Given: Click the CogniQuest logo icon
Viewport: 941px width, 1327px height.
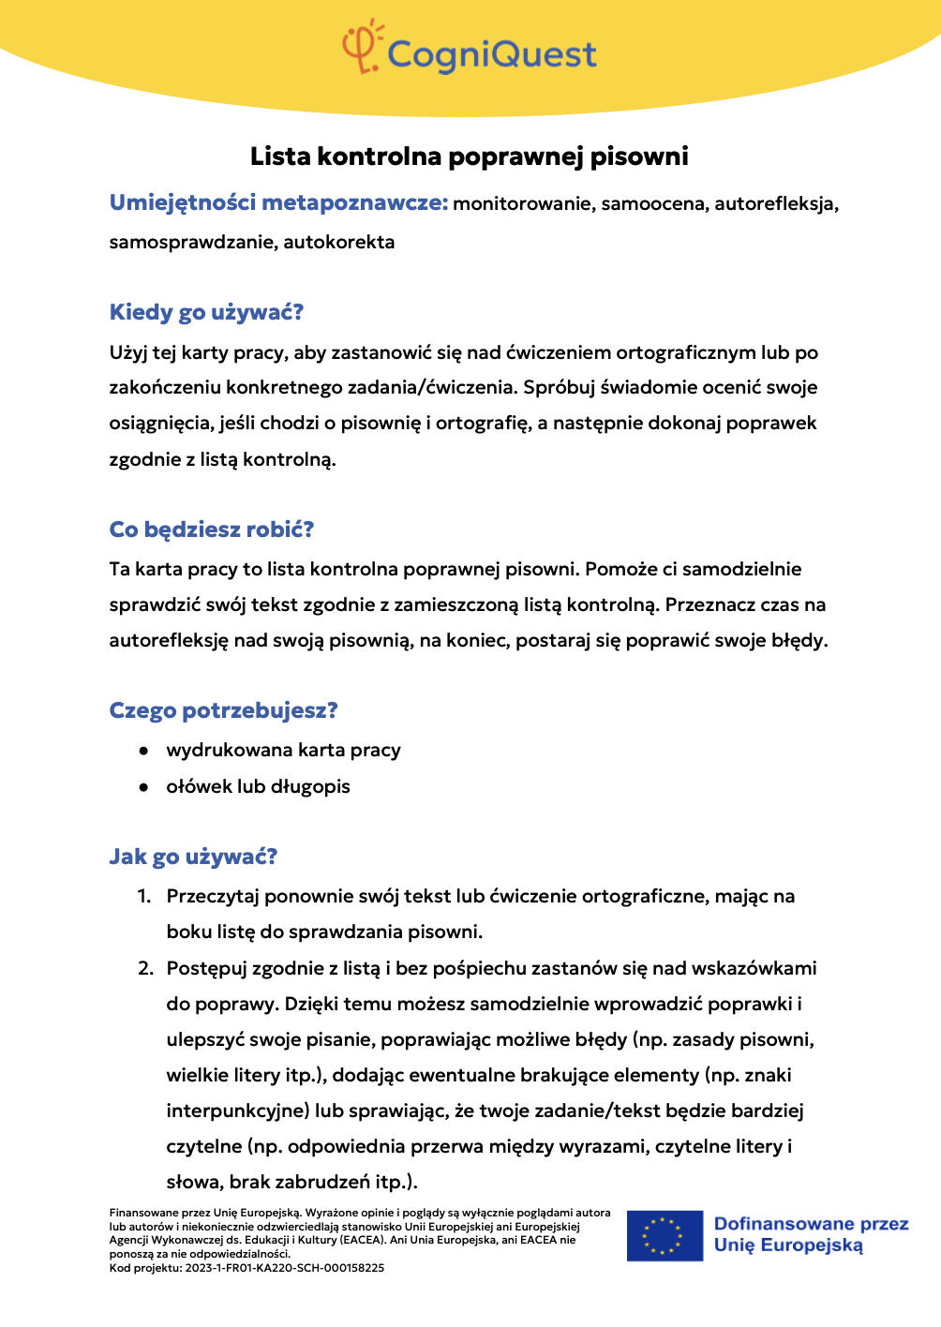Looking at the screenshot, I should point(362,47).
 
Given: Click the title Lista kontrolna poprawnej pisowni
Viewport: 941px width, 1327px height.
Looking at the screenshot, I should point(469,157).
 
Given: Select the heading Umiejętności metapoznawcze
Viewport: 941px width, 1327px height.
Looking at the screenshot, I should point(278,202).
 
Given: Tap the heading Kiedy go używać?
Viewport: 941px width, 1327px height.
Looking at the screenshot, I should point(206,312).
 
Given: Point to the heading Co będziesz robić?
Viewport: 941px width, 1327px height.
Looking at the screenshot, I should point(211,529).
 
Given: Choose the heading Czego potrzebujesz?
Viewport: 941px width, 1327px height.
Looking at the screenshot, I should point(223,710).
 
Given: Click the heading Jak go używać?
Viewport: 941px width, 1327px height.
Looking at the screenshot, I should point(193,857).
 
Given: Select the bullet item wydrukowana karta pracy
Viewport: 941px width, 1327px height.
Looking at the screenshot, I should point(283,750).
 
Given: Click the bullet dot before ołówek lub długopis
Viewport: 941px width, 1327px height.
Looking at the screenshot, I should point(143,787).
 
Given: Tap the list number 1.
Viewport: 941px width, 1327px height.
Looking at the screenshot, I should point(143,896).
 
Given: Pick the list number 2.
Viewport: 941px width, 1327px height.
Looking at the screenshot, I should point(145,968).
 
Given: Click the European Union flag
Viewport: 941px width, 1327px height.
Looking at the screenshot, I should point(665,1235).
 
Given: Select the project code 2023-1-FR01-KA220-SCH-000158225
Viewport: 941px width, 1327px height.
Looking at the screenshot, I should point(285,1268).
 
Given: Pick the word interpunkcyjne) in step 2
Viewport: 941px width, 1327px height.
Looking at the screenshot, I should point(238,1111).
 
